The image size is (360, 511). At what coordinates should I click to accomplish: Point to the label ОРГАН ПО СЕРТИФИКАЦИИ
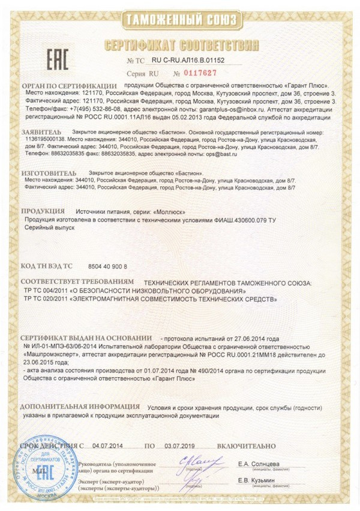coord(68,86)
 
